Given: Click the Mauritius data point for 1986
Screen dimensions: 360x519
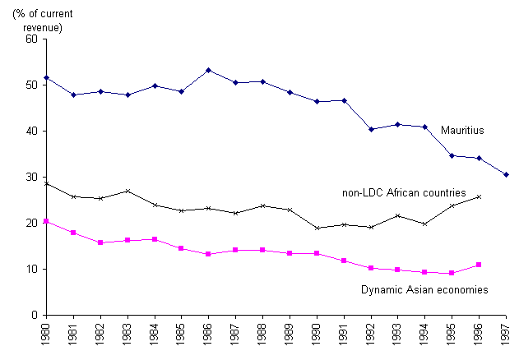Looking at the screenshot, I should (208, 70).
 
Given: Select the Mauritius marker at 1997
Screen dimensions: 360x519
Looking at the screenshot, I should (507, 174).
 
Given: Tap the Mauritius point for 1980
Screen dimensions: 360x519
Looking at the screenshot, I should (46, 77).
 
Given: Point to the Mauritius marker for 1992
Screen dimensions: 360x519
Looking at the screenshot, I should (371, 129).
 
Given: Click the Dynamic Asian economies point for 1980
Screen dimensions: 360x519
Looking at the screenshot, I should (46, 221).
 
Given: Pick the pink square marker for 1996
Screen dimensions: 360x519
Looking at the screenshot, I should (480, 265).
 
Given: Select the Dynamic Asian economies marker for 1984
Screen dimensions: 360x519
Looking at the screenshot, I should (155, 239).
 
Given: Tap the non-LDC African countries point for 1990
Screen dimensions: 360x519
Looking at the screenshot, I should (317, 228).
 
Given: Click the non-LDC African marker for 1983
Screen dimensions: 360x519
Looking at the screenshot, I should (127, 191).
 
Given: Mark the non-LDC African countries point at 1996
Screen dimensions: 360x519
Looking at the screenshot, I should (480, 196).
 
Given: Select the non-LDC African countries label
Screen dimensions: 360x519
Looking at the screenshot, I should (404, 193).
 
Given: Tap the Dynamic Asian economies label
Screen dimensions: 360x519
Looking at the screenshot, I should (425, 289).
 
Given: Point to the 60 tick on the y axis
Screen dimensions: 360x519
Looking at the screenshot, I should (32, 39).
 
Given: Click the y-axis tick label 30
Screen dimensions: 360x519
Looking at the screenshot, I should (32, 177).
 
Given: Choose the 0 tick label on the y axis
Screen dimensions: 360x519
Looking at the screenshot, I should (35, 315).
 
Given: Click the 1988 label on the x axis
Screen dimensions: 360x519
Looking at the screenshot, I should (263, 337).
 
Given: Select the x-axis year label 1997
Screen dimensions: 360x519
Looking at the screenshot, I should (507, 337).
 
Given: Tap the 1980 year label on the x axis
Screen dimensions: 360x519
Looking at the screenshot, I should (46, 337).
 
